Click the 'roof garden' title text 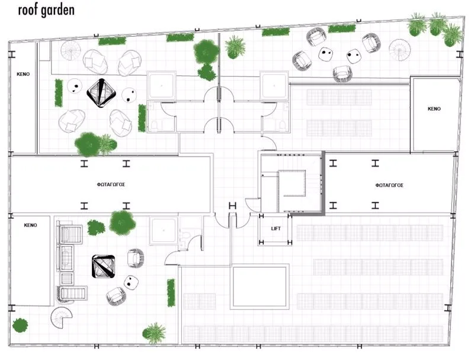[46, 9]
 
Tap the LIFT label [276, 229]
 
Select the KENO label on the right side [434, 109]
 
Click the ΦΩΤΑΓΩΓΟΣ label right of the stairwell [389, 185]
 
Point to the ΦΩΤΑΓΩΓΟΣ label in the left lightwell [111, 184]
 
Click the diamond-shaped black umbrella [101, 93]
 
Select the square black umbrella [103, 266]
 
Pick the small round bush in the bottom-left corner [20, 325]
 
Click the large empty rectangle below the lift [260, 286]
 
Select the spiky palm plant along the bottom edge [155, 333]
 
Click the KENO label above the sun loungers [31, 225]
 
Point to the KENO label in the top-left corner [23, 74]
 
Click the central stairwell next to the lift [292, 183]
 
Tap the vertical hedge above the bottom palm [171, 293]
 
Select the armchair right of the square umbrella [136, 258]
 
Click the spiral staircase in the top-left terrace [71, 51]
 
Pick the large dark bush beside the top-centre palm [206, 52]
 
